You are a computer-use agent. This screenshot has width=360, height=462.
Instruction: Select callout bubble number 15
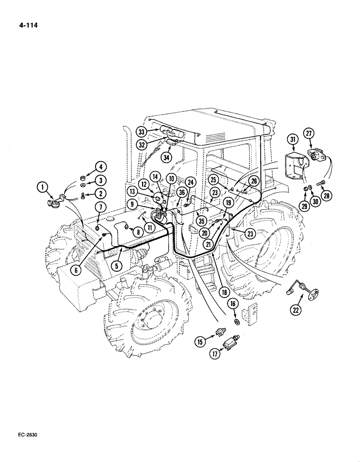tap(200, 342)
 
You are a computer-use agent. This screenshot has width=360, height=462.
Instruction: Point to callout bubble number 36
tap(181, 193)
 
